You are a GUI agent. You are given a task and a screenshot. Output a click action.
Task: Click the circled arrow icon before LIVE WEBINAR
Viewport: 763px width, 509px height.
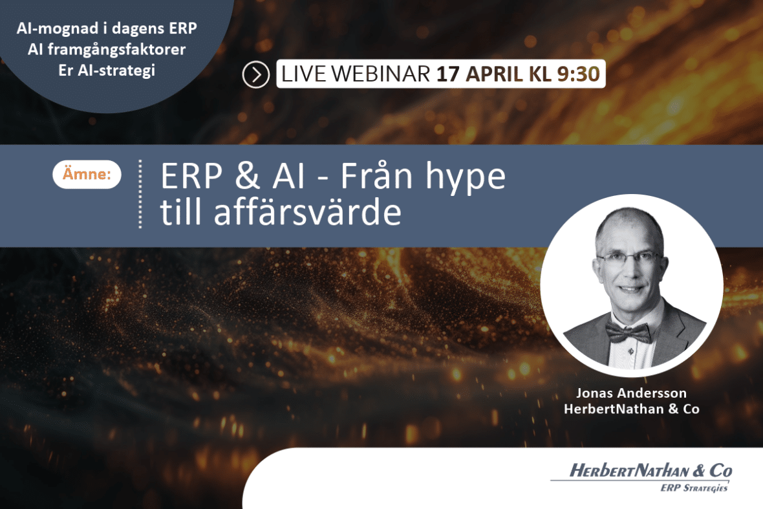[x=255, y=75]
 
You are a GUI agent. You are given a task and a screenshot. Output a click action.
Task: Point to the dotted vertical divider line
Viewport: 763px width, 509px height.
[x=140, y=193]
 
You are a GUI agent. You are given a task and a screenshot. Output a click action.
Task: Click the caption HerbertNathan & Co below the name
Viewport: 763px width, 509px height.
[x=632, y=409]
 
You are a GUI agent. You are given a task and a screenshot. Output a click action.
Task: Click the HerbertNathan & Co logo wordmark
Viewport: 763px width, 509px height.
[x=650, y=471]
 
